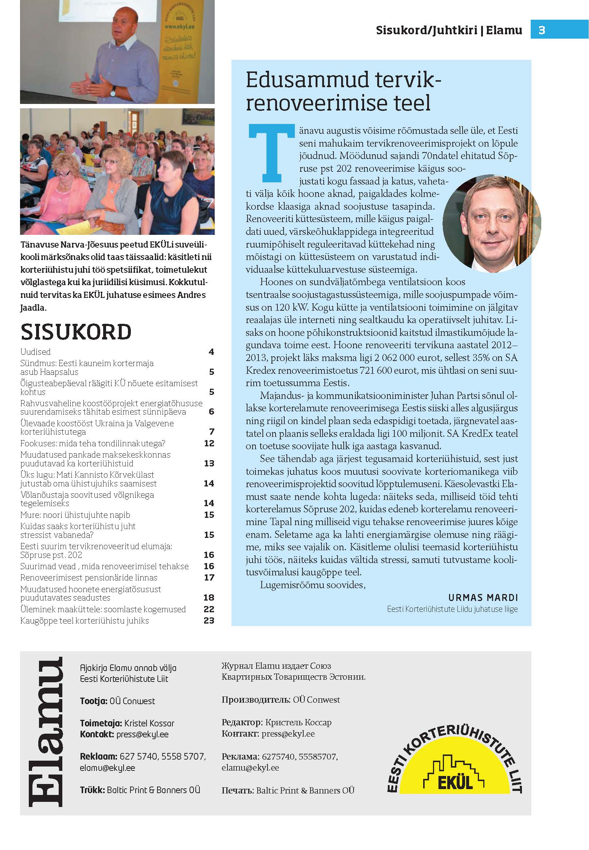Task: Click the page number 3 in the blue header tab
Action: point(541,30)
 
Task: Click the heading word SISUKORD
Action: point(76,331)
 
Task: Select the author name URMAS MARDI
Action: point(483,597)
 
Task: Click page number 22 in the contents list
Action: point(209,609)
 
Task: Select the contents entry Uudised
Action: point(35,352)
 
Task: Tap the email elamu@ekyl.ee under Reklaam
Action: point(108,768)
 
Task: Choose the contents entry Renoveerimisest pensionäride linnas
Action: point(89,578)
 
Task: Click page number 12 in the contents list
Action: point(209,443)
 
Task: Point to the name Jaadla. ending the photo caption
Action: point(34,307)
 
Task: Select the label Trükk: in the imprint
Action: point(92,790)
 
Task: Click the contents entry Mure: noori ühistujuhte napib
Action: point(75,515)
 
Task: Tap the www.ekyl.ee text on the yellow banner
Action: point(180,26)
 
